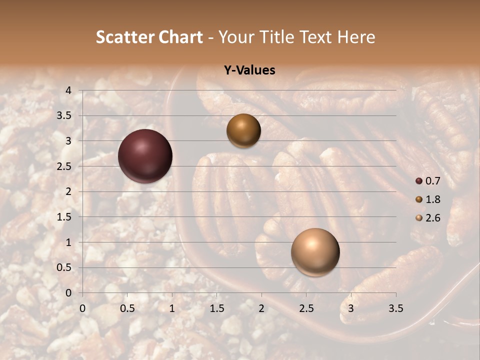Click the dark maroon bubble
click(145, 156)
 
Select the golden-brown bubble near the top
click(243, 130)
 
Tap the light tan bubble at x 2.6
click(315, 252)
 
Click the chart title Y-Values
click(249, 70)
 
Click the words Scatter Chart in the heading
click(149, 37)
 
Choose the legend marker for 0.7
click(419, 180)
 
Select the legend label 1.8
click(433, 199)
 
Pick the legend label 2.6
click(433, 218)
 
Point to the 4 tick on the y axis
click(68, 90)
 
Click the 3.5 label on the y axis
click(64, 115)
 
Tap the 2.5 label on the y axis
click(64, 166)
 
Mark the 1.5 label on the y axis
click(64, 217)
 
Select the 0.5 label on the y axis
click(64, 267)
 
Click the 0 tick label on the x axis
click(82, 308)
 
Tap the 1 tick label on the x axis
click(172, 308)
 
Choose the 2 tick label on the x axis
click(261, 308)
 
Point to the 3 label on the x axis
click(351, 308)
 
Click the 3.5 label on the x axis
click(395, 308)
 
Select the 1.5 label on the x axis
click(216, 308)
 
